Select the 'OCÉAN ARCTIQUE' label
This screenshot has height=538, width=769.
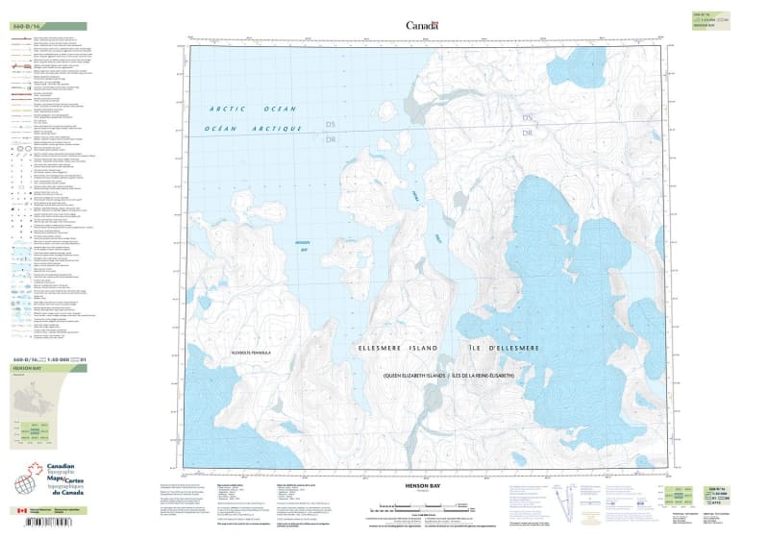tap(249, 128)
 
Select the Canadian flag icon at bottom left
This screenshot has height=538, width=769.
tap(22, 510)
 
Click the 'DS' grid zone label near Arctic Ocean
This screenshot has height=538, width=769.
tap(332, 126)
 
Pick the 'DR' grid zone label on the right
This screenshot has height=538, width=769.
tap(527, 133)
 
